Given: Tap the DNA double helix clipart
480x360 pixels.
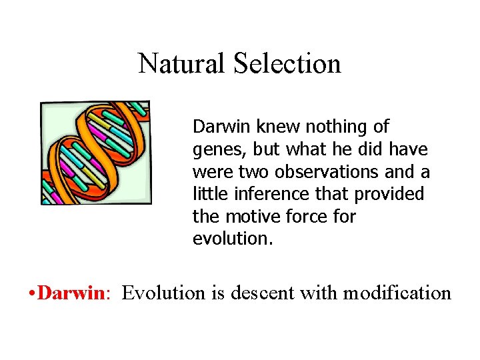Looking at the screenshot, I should point(95,153).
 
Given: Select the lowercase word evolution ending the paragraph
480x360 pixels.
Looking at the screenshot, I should point(231,239).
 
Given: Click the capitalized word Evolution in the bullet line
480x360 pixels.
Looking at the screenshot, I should point(163,293).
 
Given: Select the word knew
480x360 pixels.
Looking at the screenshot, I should point(271,127).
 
